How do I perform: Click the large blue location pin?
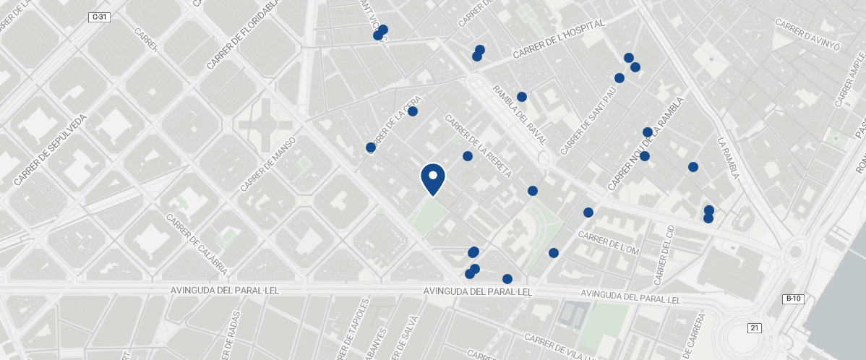[x=432, y=179]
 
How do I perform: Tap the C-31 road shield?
[x=100, y=17]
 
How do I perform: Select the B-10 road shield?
[x=793, y=299]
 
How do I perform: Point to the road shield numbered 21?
[x=755, y=327]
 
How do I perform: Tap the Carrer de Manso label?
[x=269, y=164]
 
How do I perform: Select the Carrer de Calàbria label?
[x=197, y=244]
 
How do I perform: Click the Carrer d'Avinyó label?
[x=807, y=34]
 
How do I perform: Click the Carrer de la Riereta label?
[x=479, y=146]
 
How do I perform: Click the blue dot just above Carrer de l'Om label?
[x=588, y=213]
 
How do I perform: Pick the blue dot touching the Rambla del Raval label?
[x=522, y=97]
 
